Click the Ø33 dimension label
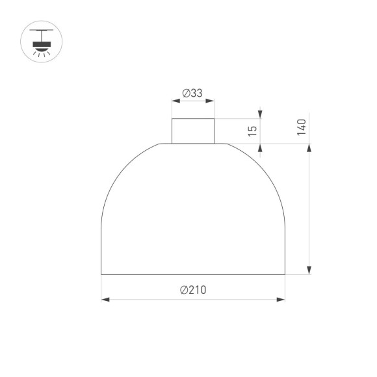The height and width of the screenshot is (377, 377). tap(193, 94)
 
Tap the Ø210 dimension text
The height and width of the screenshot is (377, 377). tap(193, 290)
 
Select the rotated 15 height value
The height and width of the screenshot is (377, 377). tap(253, 130)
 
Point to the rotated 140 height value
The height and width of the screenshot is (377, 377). tap(301, 127)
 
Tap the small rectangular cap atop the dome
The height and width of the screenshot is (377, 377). tap(193, 131)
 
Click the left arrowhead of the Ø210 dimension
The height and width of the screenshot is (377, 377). tap(105, 300)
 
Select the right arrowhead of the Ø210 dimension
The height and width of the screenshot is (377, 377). tap(281, 300)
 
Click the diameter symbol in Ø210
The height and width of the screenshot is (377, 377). tap(184, 290)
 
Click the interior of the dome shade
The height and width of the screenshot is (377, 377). tap(193, 214)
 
